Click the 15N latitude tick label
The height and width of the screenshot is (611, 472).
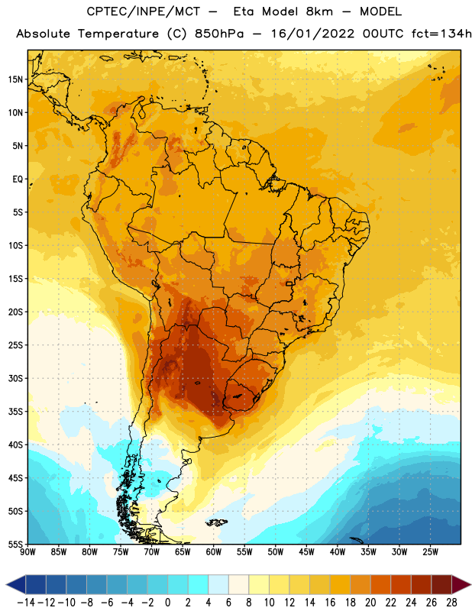[15, 79]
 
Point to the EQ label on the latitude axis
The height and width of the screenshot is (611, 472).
[18, 179]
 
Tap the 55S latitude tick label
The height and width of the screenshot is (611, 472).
[15, 544]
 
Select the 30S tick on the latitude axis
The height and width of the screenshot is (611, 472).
[15, 378]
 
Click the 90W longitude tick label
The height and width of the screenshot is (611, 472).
[28, 551]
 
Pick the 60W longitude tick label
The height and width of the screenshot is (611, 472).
[214, 551]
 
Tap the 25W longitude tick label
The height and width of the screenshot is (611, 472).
[430, 551]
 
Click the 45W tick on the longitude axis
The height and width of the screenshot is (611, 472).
[306, 551]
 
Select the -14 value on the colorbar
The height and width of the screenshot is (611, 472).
[26, 603]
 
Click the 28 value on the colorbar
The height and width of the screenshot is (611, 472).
[451, 603]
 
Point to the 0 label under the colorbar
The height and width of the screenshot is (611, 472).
[168, 603]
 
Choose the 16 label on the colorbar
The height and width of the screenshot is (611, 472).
[330, 603]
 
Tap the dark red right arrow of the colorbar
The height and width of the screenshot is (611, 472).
[461, 584]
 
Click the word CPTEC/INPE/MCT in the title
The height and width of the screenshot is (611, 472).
[144, 11]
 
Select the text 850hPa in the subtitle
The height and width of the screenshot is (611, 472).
[219, 34]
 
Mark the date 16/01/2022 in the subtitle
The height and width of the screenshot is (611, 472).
[313, 34]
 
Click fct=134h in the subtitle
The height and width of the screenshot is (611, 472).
[441, 34]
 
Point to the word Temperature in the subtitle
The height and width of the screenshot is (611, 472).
[118, 34]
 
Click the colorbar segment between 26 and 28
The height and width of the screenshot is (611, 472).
[441, 584]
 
